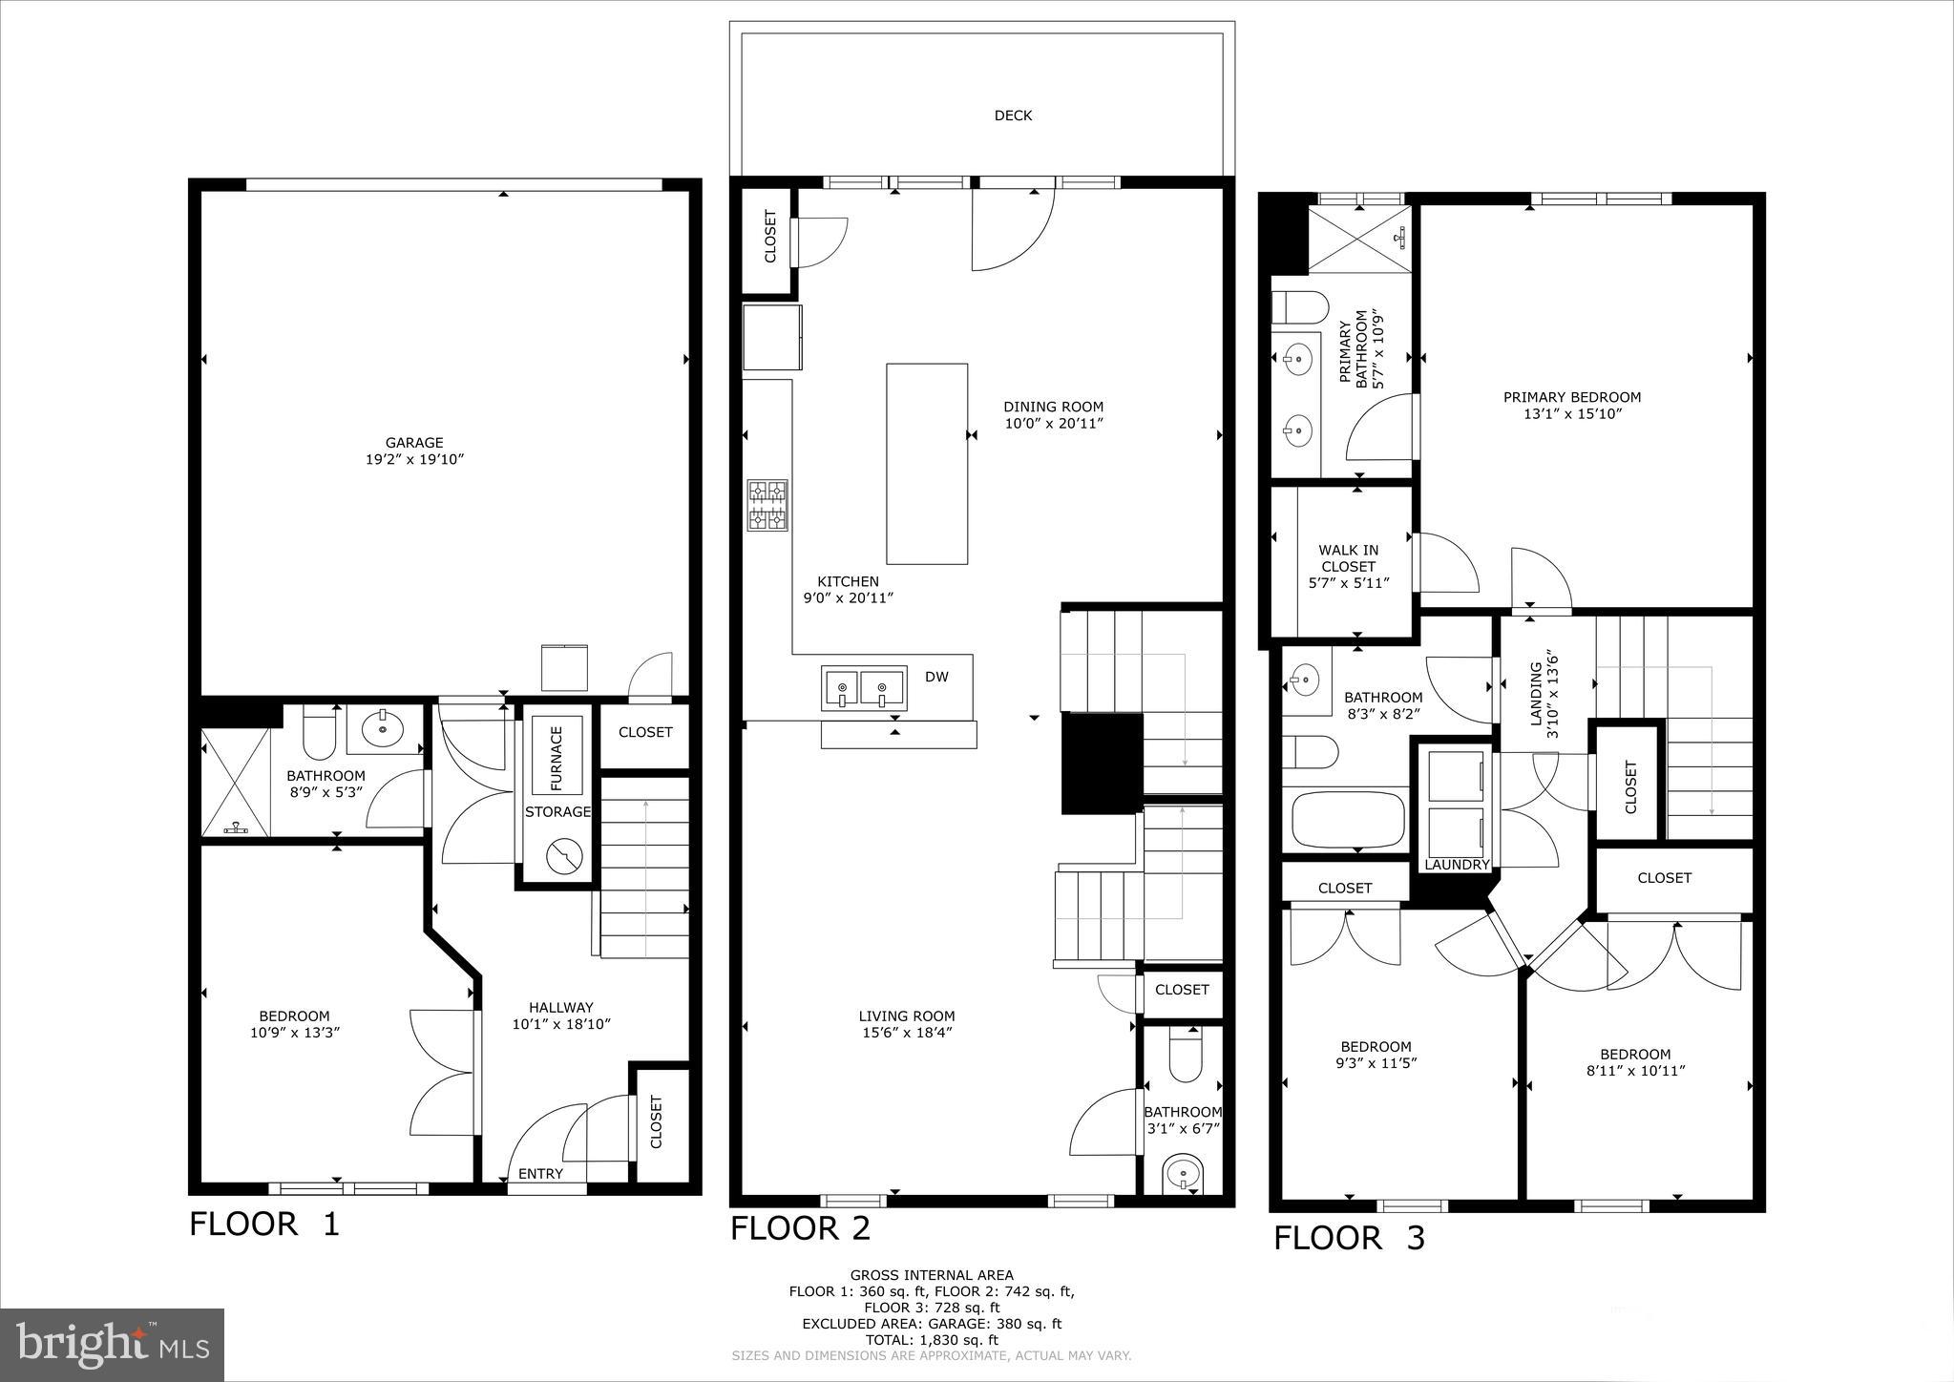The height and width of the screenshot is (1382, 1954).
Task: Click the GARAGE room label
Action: pos(414,443)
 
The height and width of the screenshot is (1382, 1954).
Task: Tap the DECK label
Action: pos(1013,115)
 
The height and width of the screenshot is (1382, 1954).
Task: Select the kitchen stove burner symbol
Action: pos(767,505)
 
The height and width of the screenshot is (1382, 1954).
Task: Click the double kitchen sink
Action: pos(863,687)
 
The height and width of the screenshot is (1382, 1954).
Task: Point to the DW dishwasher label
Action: pos(936,677)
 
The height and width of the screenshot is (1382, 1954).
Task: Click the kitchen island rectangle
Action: pos(926,464)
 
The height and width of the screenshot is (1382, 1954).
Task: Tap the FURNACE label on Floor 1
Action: pos(557,759)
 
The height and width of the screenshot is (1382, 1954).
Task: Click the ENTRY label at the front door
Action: pos(540,1173)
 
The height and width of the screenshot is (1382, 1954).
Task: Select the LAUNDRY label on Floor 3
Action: pos(1457,865)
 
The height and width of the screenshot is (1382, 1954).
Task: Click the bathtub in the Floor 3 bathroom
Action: pos(1348,819)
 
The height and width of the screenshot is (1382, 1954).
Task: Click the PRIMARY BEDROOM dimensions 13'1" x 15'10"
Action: pos(1572,414)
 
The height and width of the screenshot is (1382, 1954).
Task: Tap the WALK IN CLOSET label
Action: pos(1348,558)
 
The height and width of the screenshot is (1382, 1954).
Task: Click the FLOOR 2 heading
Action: pos(800,1228)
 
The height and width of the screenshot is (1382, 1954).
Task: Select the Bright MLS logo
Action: pos(112,1345)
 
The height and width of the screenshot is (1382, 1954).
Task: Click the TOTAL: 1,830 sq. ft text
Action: pos(931,1340)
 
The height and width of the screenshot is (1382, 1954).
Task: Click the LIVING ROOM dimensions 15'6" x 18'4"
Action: pos(906,1033)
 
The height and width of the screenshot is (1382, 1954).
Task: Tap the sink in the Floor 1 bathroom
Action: pos(384,730)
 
